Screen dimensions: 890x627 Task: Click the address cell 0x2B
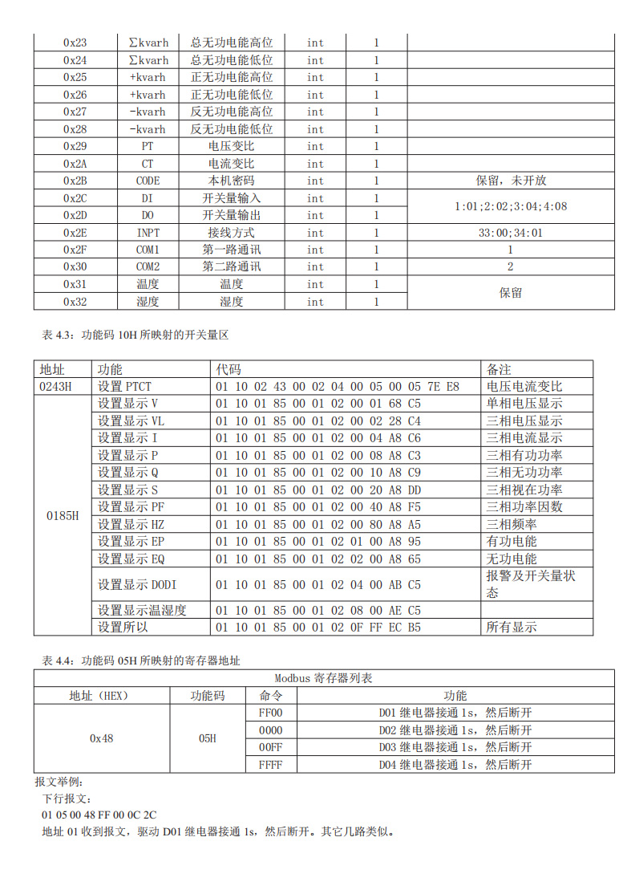point(75,181)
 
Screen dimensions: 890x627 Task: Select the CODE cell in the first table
point(148,181)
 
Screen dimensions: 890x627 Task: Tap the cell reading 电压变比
point(231,146)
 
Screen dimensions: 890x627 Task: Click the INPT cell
point(148,233)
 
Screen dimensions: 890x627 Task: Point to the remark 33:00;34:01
point(510,233)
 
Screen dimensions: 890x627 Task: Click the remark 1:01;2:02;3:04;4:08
point(510,206)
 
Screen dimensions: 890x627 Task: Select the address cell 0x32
point(75,302)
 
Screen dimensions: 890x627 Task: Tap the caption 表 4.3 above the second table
point(135,335)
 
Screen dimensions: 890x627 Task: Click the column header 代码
point(228,369)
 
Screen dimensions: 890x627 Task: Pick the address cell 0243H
point(55,387)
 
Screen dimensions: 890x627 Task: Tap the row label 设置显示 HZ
point(131,524)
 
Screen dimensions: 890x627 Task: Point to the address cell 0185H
point(63,515)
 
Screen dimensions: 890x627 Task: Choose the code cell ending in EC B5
point(318,627)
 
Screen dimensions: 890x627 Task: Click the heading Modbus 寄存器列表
point(323,678)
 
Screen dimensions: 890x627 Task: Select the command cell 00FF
point(271,747)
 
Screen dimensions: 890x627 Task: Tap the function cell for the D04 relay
point(455,765)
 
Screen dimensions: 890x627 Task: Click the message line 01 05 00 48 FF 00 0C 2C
point(99,815)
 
